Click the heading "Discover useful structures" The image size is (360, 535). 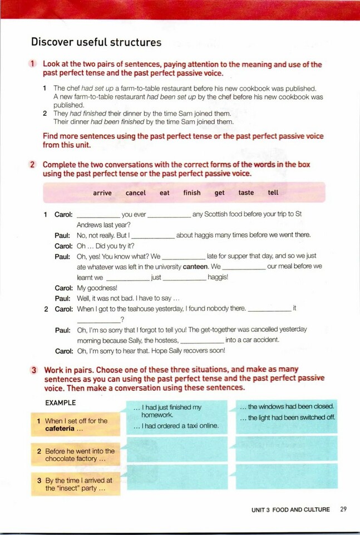[96, 42]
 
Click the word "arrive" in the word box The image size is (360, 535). [102, 193]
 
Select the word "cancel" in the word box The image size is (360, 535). [136, 193]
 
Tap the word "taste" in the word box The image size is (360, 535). [246, 193]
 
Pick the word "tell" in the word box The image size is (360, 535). [273, 193]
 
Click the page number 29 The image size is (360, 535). [343, 509]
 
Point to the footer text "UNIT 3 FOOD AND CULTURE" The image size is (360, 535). [290, 509]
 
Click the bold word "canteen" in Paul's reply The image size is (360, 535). [191, 267]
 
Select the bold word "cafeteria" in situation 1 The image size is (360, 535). [64, 429]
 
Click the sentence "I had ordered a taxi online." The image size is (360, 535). [176, 426]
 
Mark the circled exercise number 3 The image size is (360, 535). [34, 370]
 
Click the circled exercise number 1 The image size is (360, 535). [34, 65]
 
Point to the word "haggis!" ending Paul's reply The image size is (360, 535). [218, 277]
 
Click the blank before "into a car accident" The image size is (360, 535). [202, 340]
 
